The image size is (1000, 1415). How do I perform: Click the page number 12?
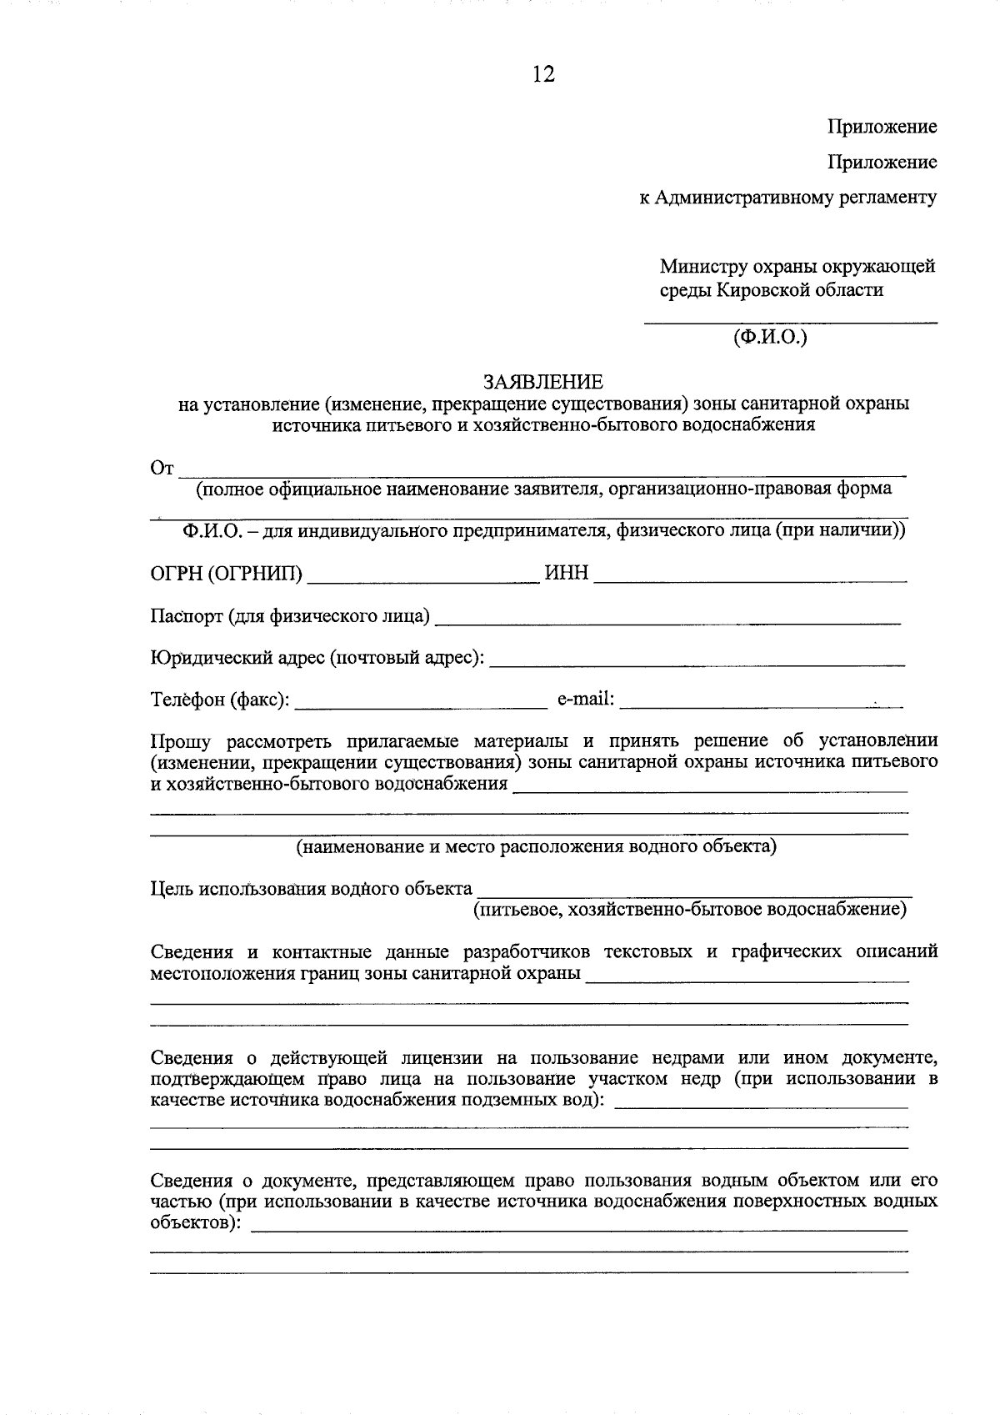click(x=542, y=74)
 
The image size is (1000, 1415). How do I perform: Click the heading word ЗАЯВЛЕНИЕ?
click(x=543, y=382)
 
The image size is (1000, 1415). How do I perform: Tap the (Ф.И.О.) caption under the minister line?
click(x=771, y=337)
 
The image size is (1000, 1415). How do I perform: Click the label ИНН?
click(x=567, y=574)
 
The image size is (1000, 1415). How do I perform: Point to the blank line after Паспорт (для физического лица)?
click(x=668, y=620)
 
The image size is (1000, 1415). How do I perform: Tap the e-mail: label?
click(x=586, y=699)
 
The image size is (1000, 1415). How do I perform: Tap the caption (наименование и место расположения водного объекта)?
click(x=537, y=847)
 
